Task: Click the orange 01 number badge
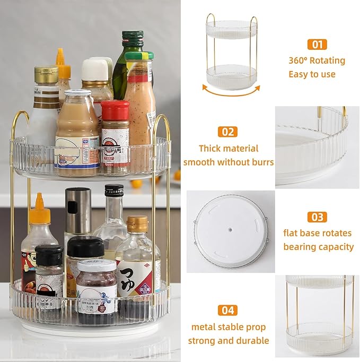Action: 317,44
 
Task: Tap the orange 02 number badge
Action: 228,132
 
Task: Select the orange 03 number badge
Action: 317,217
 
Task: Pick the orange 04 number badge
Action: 228,310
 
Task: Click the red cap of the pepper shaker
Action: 115,110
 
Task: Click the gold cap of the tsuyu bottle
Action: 137,224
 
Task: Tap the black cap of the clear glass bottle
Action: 114,191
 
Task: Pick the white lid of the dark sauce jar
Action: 96,265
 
